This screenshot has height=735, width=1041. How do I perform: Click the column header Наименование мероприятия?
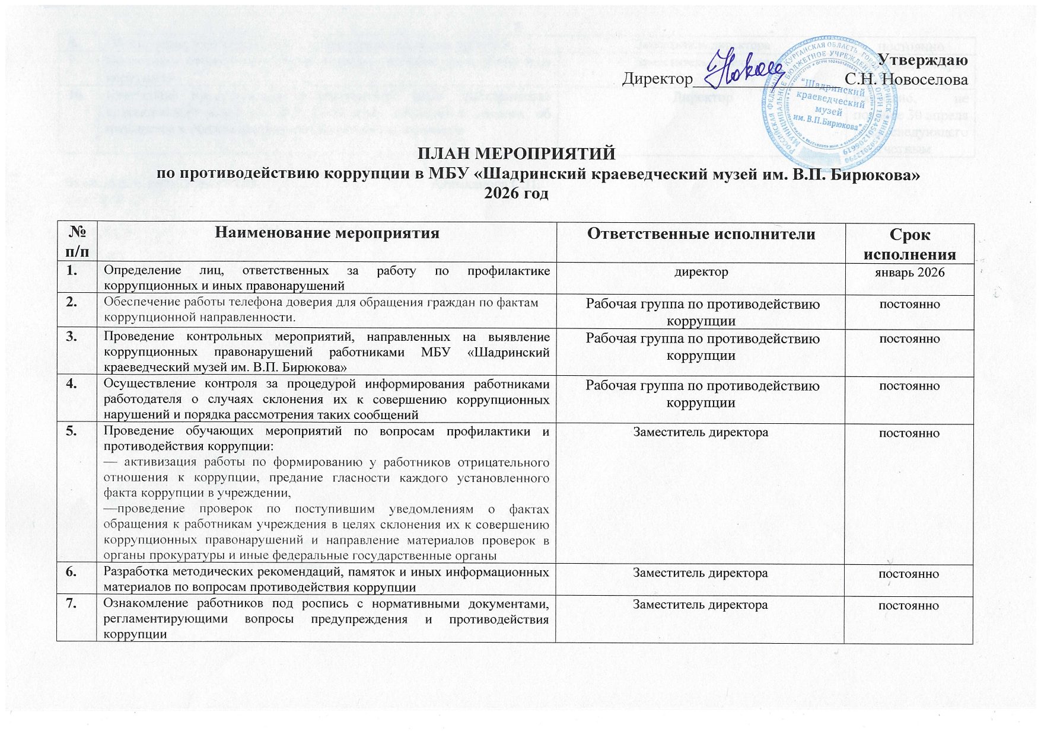tap(327, 234)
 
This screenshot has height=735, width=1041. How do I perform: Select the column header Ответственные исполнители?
tap(701, 234)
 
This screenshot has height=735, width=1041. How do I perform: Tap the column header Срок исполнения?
tap(909, 244)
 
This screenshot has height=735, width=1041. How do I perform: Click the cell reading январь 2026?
tap(909, 272)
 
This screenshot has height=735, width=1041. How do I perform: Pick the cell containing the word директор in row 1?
tap(701, 272)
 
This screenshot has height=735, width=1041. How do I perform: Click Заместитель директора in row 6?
tap(701, 573)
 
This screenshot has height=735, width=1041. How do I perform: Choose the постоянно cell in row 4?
tap(909, 386)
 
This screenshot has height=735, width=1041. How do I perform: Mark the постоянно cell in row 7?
tap(909, 605)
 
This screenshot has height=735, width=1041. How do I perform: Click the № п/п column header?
tap(77, 243)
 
